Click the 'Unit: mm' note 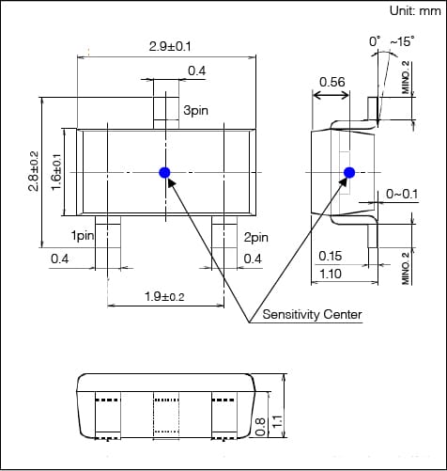pos(415,11)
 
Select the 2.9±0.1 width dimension pos(170,46)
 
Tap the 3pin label pos(195,110)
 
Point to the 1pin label pos(83,235)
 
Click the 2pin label pos(256,237)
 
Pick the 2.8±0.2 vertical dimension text pos(34,171)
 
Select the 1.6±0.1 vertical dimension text pos(56,172)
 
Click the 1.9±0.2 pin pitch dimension pos(164,296)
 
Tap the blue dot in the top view pos(164,172)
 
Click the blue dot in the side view pos(349,172)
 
